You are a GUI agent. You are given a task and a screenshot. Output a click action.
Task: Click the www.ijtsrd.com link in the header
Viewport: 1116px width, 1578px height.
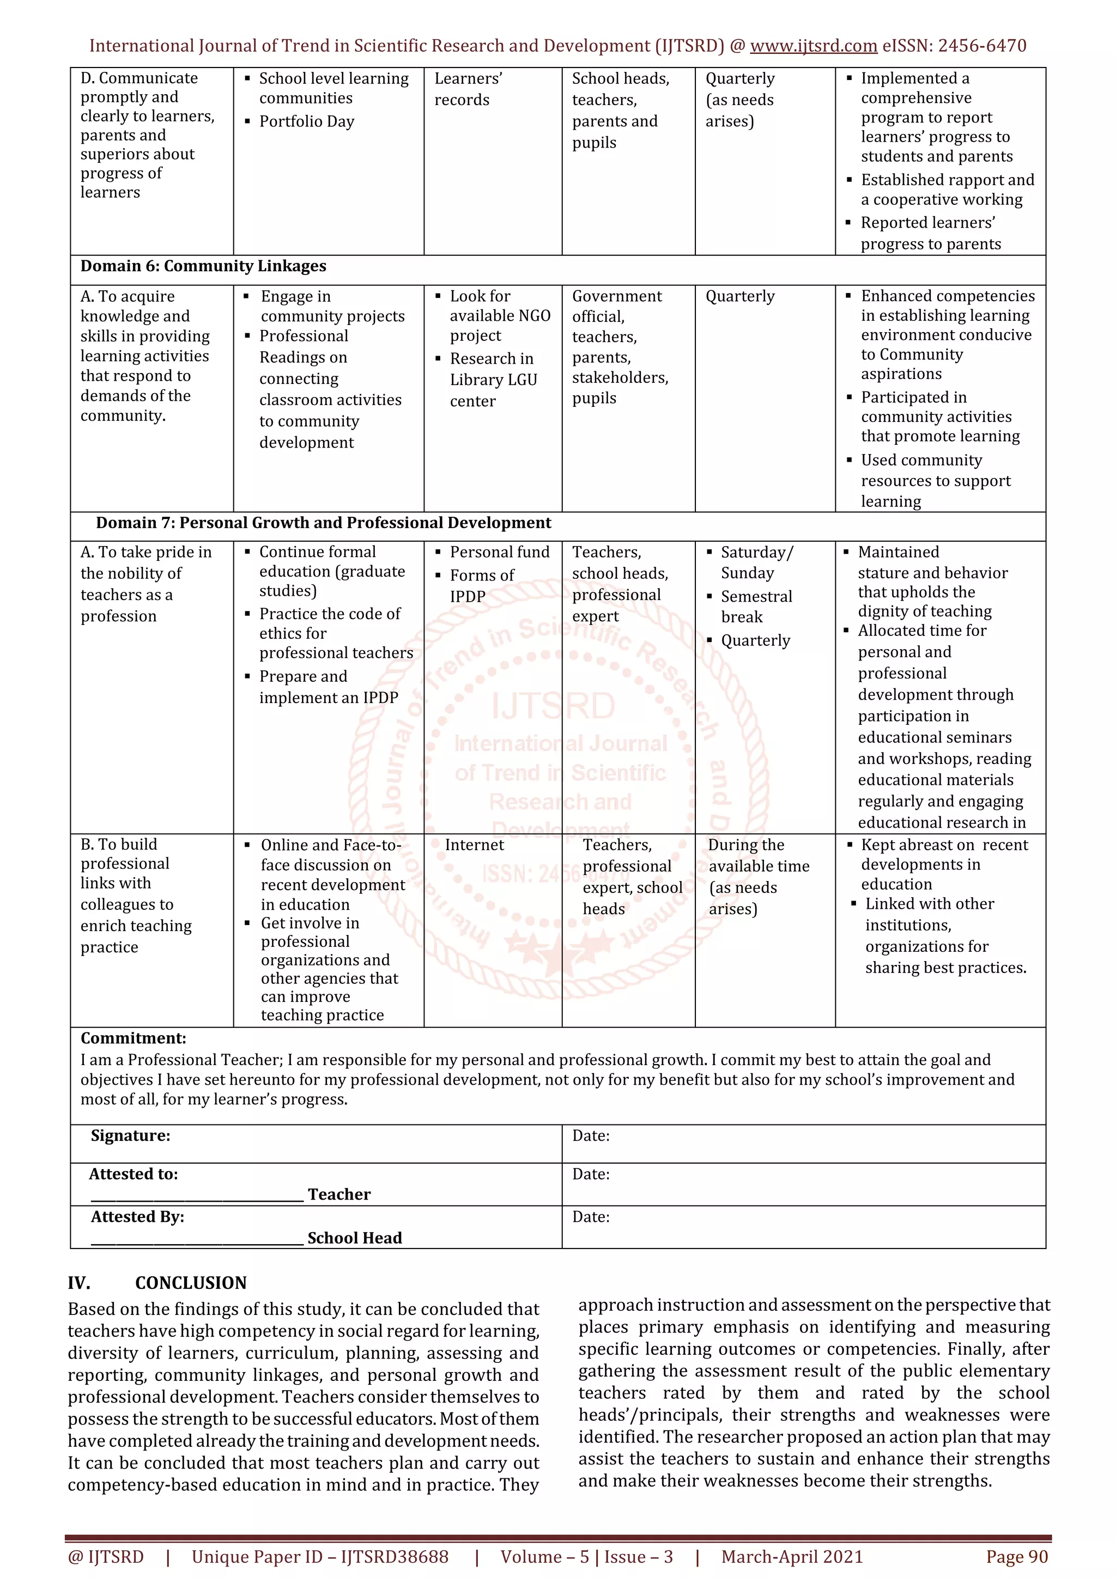pyautogui.click(x=813, y=46)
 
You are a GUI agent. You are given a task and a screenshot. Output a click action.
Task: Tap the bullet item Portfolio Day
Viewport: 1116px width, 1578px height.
pyautogui.click(x=306, y=121)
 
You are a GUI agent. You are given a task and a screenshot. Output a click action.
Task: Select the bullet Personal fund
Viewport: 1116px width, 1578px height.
pyautogui.click(x=499, y=552)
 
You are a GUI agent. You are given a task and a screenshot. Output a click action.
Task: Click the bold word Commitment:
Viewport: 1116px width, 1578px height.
pyautogui.click(x=134, y=1038)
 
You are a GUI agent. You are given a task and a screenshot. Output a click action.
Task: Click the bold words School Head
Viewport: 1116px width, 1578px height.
pyautogui.click(x=354, y=1238)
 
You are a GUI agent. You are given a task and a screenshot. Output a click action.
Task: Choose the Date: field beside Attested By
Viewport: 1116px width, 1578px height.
pyautogui.click(x=591, y=1216)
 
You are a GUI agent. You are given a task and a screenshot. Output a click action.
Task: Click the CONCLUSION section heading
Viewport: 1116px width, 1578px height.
pyautogui.click(x=191, y=1282)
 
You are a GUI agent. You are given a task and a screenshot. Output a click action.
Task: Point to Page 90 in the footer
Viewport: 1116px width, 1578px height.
pyautogui.click(x=1016, y=1557)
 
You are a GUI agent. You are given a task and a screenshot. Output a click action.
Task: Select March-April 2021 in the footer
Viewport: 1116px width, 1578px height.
pyautogui.click(x=791, y=1557)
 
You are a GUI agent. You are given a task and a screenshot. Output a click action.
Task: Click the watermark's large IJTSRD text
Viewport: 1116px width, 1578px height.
pyautogui.click(x=553, y=706)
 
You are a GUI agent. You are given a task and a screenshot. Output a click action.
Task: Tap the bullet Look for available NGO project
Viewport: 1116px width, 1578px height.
pyautogui.click(x=500, y=315)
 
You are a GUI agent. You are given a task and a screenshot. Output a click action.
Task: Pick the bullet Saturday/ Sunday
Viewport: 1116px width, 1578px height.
pyautogui.click(x=756, y=562)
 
